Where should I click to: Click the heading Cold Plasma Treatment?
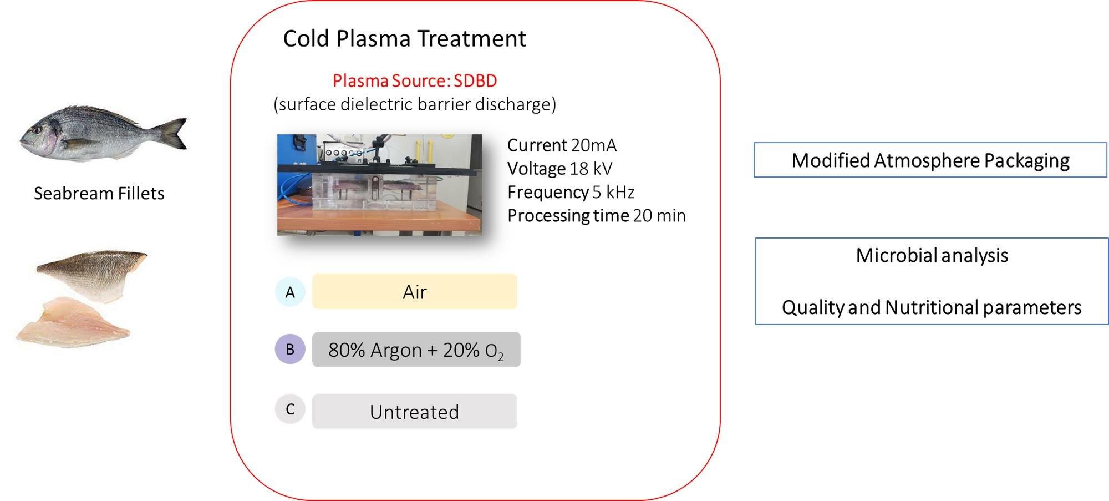click(404, 39)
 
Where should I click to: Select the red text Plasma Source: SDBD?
click(415, 81)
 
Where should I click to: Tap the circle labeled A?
click(290, 292)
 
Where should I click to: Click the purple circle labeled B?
click(290, 350)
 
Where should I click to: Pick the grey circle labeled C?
click(290, 409)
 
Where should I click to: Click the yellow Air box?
click(414, 292)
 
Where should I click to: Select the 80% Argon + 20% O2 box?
click(416, 350)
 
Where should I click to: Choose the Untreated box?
click(414, 412)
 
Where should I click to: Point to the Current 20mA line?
click(561, 145)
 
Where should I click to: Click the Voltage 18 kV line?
click(559, 169)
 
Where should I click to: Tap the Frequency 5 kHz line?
click(571, 192)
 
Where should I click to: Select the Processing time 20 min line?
click(596, 215)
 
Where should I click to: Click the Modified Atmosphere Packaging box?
click(930, 160)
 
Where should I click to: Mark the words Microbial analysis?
click(932, 255)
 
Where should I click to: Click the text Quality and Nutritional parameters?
click(932, 307)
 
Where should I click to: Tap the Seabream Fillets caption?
click(99, 193)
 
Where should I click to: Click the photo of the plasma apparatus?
click(379, 185)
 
